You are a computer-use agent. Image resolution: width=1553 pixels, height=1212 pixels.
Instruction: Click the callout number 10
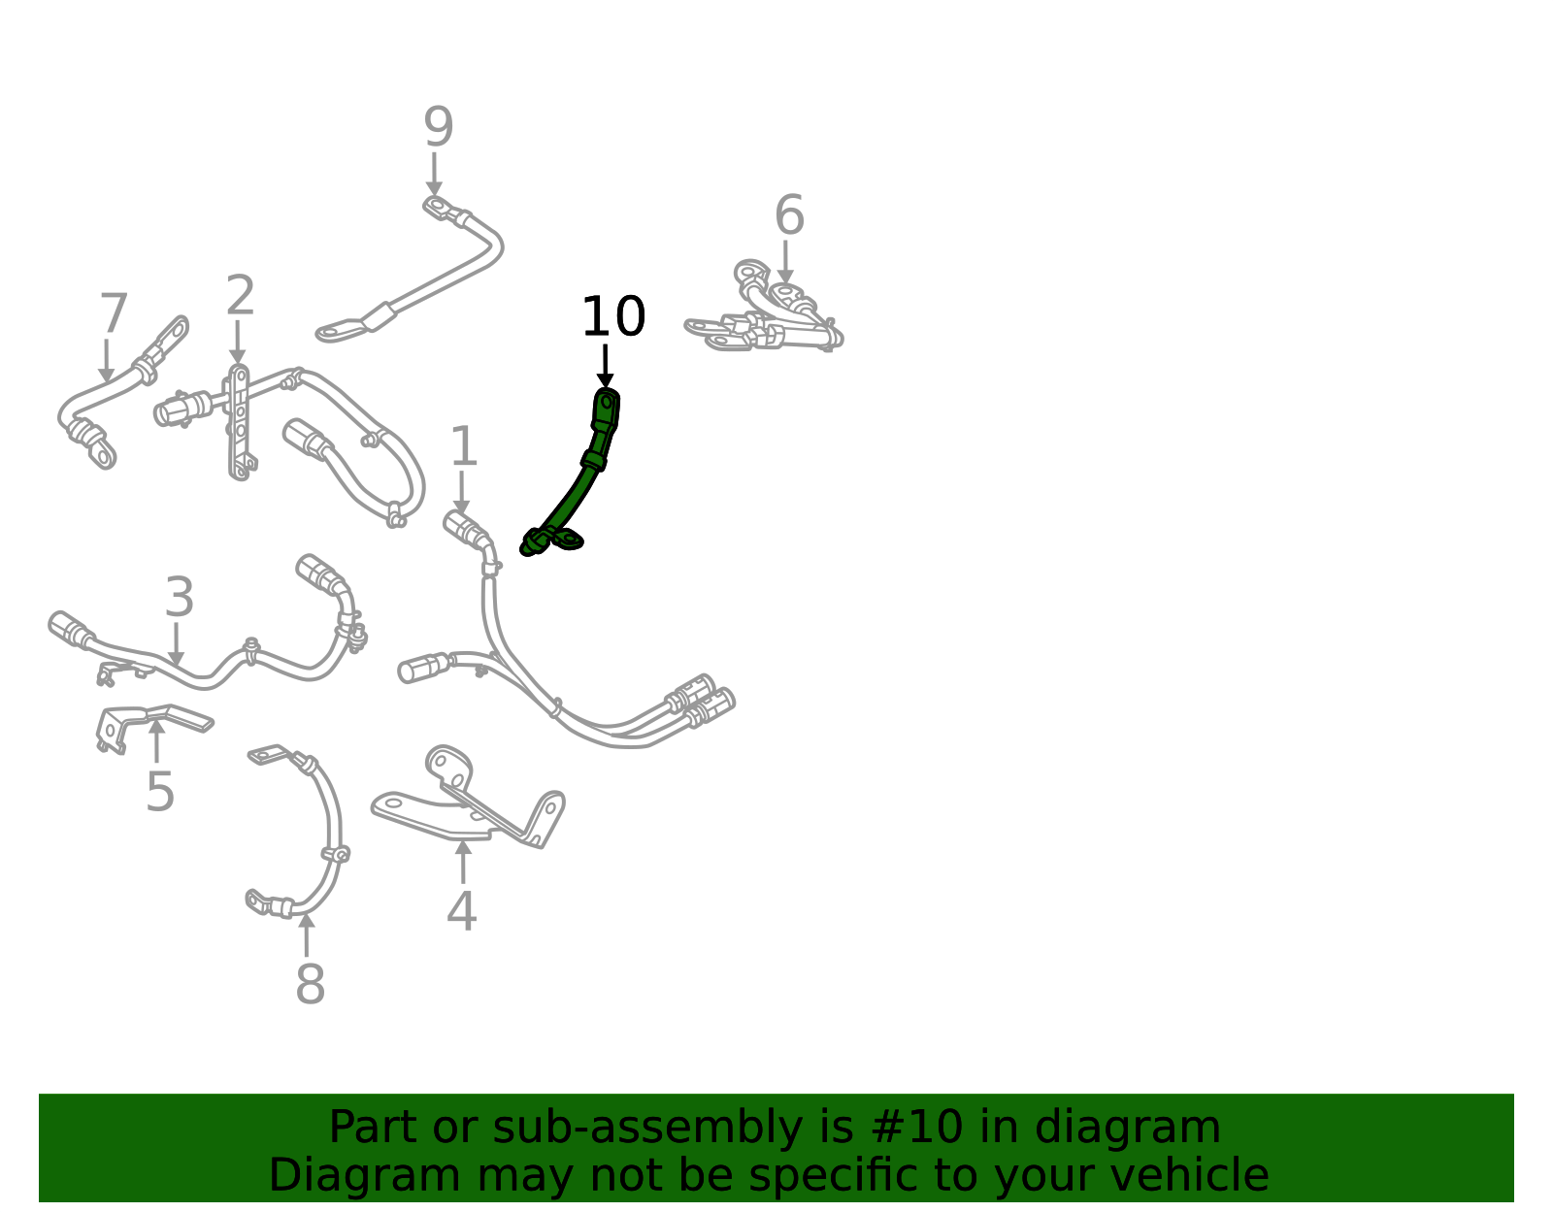(613, 316)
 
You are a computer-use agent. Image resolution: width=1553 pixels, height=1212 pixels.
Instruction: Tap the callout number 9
(438, 126)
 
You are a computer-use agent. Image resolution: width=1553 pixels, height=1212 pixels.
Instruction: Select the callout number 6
(789, 214)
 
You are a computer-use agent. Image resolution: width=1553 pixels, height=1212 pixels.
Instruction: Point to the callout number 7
(114, 312)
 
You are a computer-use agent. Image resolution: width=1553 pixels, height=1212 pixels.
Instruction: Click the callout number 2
(240, 295)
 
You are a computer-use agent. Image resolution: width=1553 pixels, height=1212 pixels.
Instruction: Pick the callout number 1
(464, 446)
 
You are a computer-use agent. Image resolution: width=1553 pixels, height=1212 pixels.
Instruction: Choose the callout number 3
(180, 597)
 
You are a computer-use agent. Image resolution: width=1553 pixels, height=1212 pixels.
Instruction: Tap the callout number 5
(159, 791)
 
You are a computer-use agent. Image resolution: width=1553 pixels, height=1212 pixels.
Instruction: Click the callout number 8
(311, 983)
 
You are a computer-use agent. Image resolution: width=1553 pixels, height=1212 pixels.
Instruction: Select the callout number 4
(461, 910)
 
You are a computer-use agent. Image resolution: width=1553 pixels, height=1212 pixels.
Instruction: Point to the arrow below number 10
(606, 367)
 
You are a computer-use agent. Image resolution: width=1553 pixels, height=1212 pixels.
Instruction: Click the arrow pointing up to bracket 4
(463, 862)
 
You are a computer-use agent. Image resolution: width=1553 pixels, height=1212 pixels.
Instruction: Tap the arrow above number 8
(307, 934)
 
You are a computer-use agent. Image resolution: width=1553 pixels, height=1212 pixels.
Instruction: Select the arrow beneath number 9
(434, 174)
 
